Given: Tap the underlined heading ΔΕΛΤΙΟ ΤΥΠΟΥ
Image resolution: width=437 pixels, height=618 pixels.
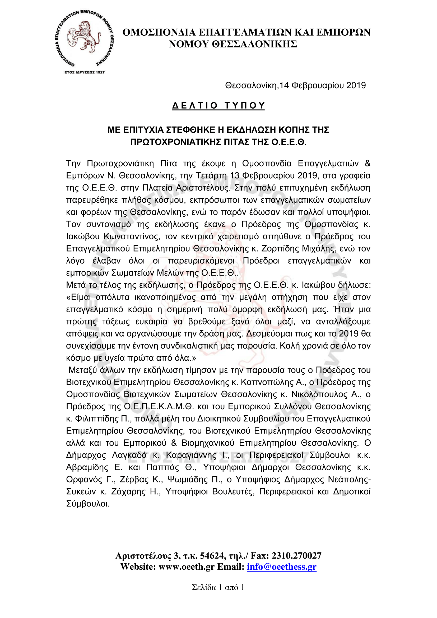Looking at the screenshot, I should pyautogui.click(x=218, y=105).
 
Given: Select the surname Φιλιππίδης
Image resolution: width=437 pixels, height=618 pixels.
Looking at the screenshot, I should pyautogui.click(x=95, y=419).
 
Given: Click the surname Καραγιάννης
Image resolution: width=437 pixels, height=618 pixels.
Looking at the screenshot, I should pyautogui.click(x=191, y=455).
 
